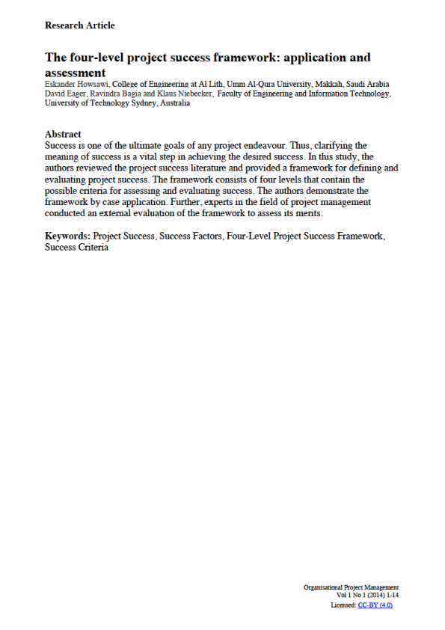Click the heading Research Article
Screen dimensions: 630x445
click(80, 25)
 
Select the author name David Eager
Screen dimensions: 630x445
click(64, 94)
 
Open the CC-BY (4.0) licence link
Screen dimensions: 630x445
click(375, 605)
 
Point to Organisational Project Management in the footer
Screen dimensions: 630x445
click(352, 587)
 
